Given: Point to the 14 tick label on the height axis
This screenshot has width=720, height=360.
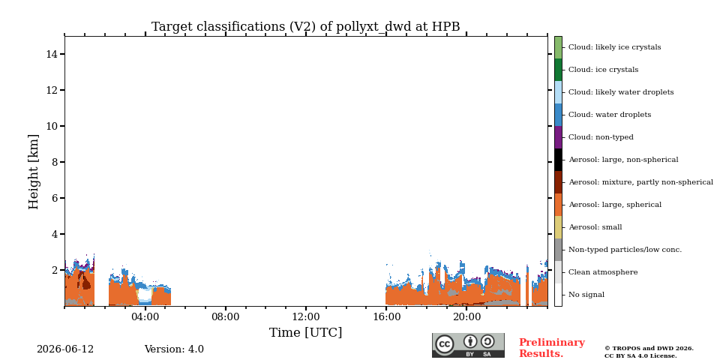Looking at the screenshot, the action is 52,54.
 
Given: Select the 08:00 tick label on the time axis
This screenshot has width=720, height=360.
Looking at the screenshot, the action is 226,318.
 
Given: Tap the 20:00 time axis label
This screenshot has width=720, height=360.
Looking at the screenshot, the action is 466,318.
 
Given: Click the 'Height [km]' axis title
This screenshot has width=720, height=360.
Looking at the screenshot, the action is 34,172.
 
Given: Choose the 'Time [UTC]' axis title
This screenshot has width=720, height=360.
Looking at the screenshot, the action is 306,332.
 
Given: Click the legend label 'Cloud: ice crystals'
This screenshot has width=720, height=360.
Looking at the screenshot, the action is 603,70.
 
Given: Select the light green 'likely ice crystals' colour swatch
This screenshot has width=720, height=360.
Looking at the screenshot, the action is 558,47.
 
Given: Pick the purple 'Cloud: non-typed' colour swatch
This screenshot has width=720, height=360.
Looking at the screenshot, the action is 558,137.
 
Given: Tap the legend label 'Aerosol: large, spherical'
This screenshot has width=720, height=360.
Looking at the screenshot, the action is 615,205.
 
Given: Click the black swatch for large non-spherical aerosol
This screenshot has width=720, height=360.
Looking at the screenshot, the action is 558,160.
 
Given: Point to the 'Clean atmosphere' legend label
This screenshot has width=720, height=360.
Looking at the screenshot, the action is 603,272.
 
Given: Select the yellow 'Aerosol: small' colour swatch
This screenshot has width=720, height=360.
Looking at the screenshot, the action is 558,227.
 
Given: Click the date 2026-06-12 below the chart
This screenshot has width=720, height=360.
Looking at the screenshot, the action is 65,349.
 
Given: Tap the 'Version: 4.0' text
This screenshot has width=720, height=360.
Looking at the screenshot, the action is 174,349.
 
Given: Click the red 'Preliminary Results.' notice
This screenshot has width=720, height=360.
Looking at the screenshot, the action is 552,348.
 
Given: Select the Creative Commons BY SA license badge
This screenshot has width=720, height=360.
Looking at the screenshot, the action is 468,345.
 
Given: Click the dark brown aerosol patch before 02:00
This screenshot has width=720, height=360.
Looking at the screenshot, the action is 85,280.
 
